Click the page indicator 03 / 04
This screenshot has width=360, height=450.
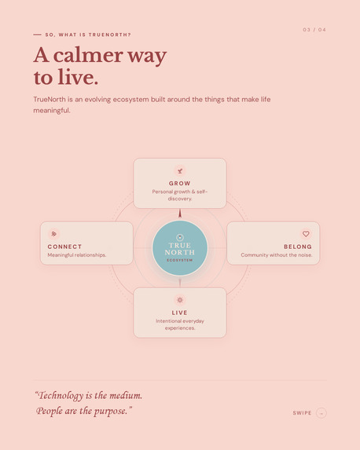314,30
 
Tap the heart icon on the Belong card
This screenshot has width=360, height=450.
306,233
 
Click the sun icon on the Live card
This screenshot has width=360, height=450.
180,300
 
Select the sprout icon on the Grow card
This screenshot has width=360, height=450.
180,171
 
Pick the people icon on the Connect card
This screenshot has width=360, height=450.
53,233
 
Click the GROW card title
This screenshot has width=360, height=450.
180,184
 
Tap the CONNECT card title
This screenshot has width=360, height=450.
64,247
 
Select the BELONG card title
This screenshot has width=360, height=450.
298,247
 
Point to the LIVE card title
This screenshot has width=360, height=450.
179,313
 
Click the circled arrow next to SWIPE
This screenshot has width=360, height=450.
321,413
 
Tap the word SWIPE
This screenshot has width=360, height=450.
302,413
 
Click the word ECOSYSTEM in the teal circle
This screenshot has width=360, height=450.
179,260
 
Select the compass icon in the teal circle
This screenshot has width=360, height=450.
180,237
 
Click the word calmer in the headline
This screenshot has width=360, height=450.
89,55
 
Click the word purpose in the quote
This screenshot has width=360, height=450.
111,411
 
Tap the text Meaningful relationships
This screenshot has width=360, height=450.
77,255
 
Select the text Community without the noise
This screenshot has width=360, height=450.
277,255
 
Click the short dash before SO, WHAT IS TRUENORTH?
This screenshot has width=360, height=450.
38,35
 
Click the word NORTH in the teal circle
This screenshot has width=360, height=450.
179,252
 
